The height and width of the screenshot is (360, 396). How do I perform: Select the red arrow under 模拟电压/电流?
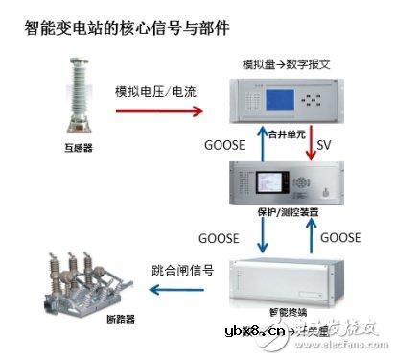(x=159, y=111)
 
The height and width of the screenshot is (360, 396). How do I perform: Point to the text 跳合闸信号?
(x=181, y=268)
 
